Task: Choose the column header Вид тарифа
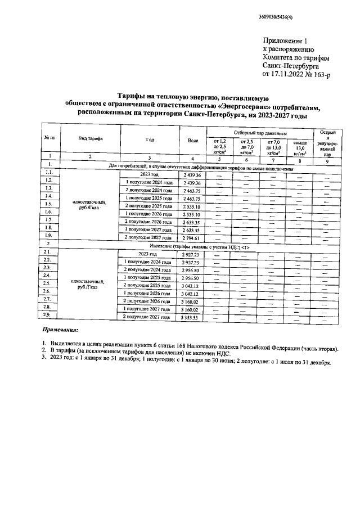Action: click(x=89, y=138)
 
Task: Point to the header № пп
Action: click(x=49, y=138)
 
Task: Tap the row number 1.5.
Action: click(x=49, y=204)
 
